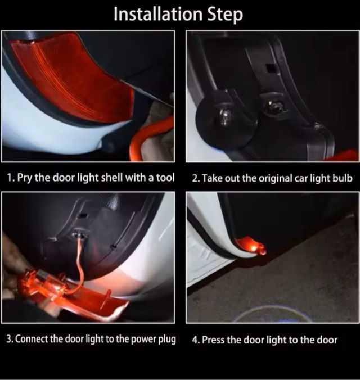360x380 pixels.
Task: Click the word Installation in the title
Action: (157, 14)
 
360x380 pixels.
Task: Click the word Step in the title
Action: (225, 15)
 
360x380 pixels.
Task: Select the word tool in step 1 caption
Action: (165, 178)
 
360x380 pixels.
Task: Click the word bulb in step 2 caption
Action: (343, 178)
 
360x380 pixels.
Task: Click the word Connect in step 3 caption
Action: (31, 339)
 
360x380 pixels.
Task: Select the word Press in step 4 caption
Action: (214, 340)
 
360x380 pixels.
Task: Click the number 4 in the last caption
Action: (195, 340)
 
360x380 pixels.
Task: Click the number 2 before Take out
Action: (195, 179)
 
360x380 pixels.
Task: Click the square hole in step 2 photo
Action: (270, 68)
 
